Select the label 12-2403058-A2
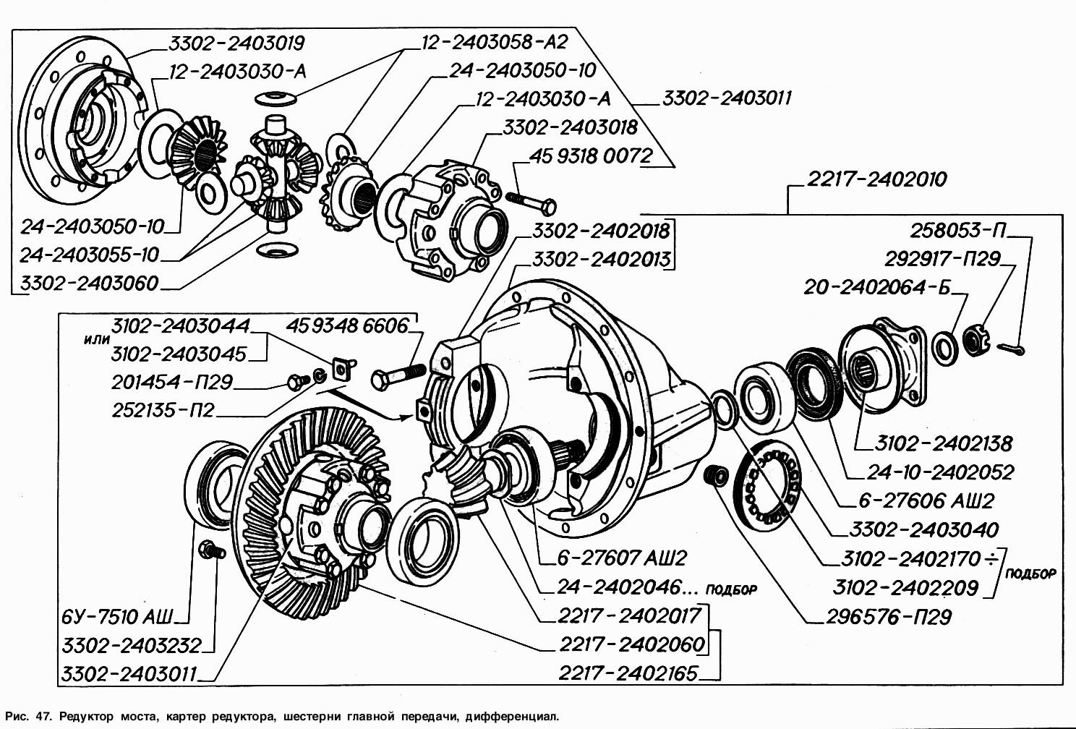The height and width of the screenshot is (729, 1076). pyautogui.click(x=495, y=42)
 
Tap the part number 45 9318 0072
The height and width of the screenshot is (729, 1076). pyautogui.click(x=591, y=156)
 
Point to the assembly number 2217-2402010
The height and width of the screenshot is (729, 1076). pyautogui.click(x=876, y=179)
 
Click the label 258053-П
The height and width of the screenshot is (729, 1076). pyautogui.click(x=958, y=231)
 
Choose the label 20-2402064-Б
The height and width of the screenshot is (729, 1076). pyautogui.click(x=877, y=288)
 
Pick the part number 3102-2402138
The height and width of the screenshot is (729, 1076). pyautogui.click(x=943, y=443)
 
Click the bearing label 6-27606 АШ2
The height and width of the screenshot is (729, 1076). pyautogui.click(x=926, y=500)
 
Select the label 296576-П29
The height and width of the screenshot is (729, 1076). pyautogui.click(x=889, y=617)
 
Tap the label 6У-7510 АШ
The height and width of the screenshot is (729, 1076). pyautogui.click(x=117, y=617)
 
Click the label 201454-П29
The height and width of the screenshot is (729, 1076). pyautogui.click(x=172, y=382)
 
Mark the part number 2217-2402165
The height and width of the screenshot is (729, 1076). pyautogui.click(x=628, y=674)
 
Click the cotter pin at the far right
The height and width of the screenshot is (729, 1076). pyautogui.click(x=1015, y=349)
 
